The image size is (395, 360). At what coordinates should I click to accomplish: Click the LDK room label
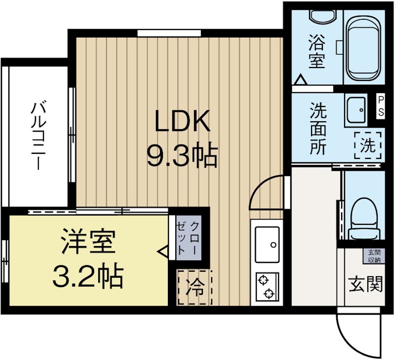coord(183,121)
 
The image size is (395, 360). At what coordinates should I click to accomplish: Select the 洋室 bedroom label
coord(89,241)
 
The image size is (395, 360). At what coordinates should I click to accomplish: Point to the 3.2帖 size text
coord(88,276)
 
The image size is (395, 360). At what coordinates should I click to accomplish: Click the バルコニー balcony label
coord(39,136)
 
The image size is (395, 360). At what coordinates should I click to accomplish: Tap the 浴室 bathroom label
coord(316,52)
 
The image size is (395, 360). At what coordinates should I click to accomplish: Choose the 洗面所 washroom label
coord(318,129)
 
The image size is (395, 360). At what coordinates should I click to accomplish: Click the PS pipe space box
coord(381,106)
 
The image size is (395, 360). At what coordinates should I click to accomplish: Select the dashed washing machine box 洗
coord(368,145)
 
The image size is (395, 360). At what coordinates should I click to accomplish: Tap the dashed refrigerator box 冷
coord(195,288)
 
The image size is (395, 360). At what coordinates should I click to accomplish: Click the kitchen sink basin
coord(267,245)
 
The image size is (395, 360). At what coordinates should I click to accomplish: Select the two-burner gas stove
coord(267,287)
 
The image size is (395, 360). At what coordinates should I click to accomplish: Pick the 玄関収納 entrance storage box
coord(374,256)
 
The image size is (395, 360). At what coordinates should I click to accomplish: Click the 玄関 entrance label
coord(365,284)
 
